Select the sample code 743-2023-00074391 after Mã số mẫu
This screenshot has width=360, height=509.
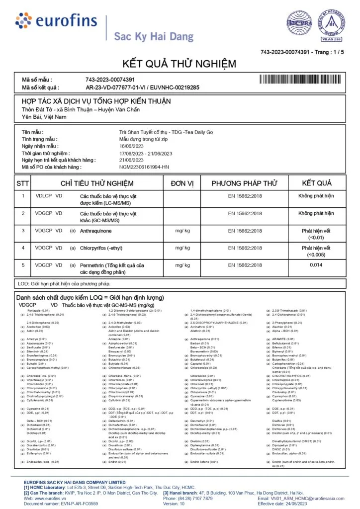(110, 80)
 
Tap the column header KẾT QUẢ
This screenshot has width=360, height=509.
(317, 183)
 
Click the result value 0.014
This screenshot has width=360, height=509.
(316, 265)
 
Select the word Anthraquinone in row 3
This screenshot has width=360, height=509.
(95, 231)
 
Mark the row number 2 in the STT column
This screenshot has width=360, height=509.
(22, 213)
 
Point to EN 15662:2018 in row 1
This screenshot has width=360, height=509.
(245, 196)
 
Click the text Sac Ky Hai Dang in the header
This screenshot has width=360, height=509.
(147, 36)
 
